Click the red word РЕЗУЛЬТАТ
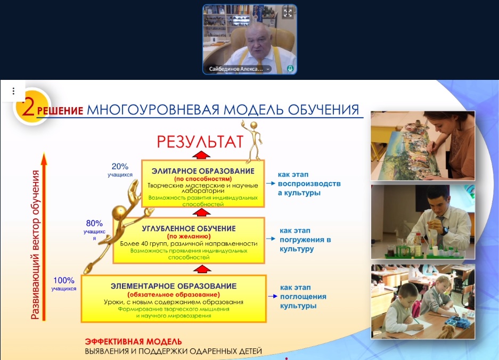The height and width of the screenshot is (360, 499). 200,142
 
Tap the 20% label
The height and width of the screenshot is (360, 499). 120,167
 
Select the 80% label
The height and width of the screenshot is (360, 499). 94,223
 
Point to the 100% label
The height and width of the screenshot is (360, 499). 64,281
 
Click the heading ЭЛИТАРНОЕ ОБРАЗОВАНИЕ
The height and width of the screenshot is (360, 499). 203,171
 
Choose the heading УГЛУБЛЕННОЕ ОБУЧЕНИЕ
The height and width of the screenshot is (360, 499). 189,228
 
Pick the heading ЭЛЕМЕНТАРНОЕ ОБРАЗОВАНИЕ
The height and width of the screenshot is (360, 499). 174,286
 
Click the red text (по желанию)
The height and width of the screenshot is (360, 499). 189,236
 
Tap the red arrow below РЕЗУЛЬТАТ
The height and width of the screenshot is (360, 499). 201,155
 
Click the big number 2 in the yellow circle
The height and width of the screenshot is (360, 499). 28,107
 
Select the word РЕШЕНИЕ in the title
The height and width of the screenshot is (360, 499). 60,110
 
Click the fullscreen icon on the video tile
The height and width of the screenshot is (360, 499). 288,13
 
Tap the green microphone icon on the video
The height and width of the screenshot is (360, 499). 290,69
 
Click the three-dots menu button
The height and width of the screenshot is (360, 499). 13,91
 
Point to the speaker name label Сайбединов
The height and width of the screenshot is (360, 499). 236,69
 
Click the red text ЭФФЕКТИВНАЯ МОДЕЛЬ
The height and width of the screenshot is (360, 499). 133,342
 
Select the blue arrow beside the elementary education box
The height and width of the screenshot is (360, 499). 273,296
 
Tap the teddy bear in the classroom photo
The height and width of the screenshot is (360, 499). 446,331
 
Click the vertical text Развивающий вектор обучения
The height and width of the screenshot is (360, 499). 36,245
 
